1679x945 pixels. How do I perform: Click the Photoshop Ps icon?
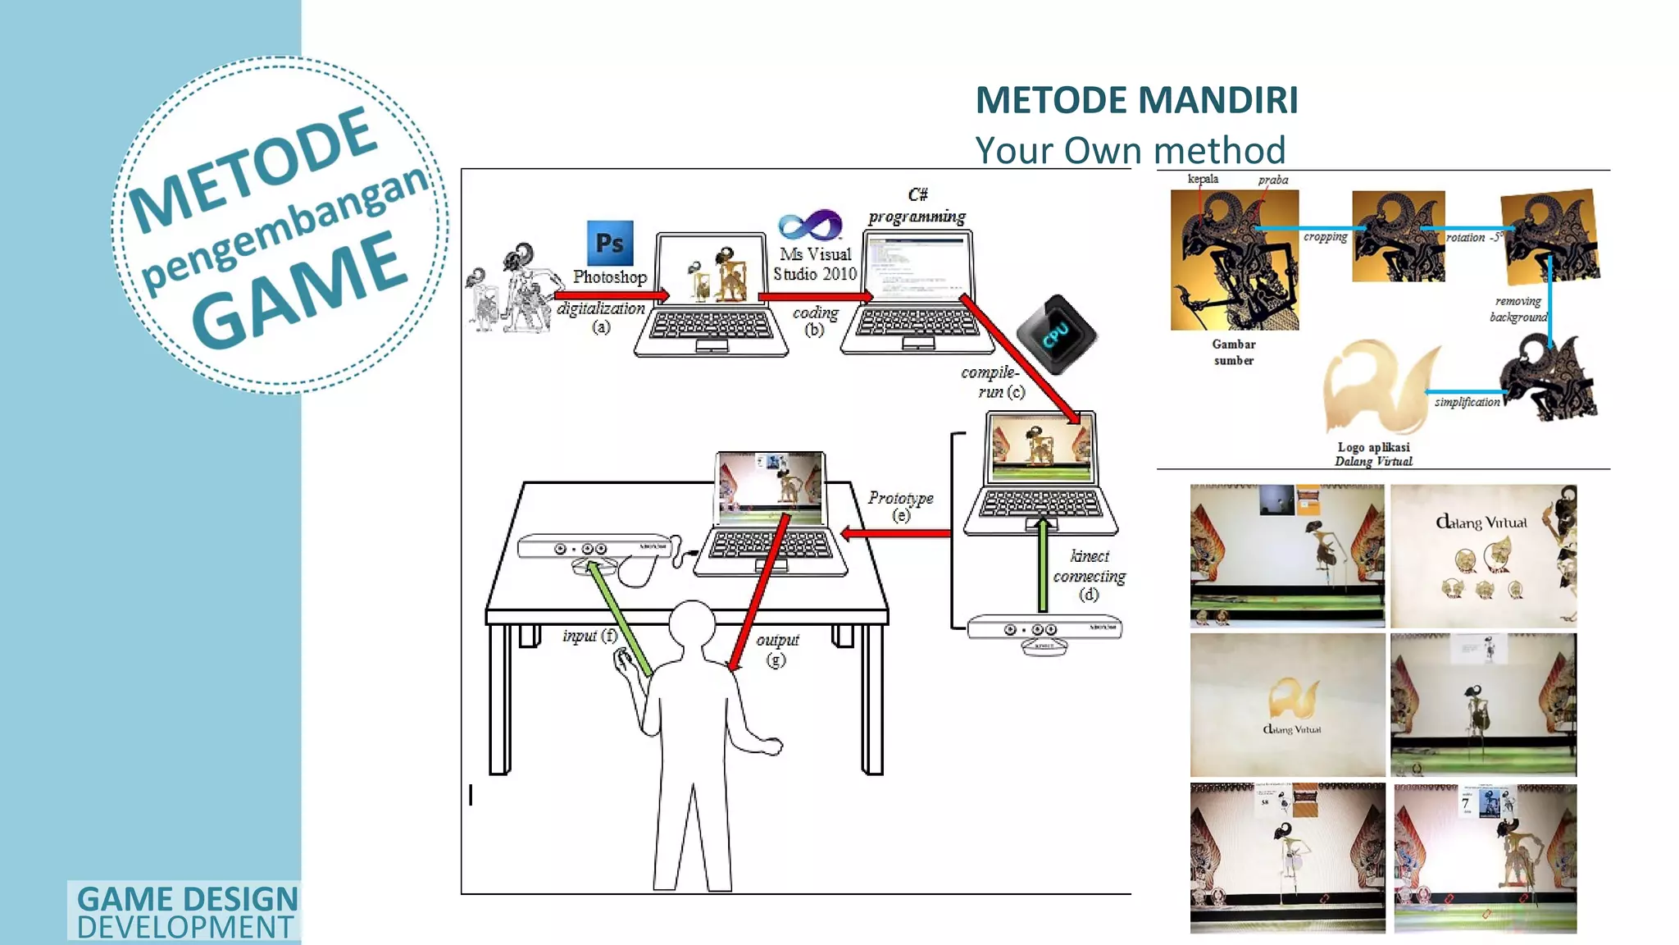click(610, 242)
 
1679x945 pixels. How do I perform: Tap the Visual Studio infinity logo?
click(810, 225)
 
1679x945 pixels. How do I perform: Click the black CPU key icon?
click(1056, 334)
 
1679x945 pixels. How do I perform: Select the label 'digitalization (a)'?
click(601, 317)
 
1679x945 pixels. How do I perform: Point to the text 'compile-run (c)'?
click(991, 381)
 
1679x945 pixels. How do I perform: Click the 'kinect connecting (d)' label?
click(1089, 575)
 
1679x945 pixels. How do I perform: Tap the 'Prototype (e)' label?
click(900, 505)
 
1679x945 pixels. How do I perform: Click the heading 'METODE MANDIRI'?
click(1136, 100)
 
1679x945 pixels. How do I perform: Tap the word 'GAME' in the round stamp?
click(300, 289)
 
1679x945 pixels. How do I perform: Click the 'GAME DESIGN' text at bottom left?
click(187, 899)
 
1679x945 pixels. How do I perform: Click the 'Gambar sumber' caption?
click(1234, 352)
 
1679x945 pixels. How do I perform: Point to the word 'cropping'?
click(1325, 237)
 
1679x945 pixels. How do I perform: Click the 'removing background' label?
click(1517, 309)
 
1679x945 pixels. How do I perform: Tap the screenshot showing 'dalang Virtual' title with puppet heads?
click(1483, 556)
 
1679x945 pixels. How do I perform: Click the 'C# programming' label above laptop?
click(917, 206)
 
